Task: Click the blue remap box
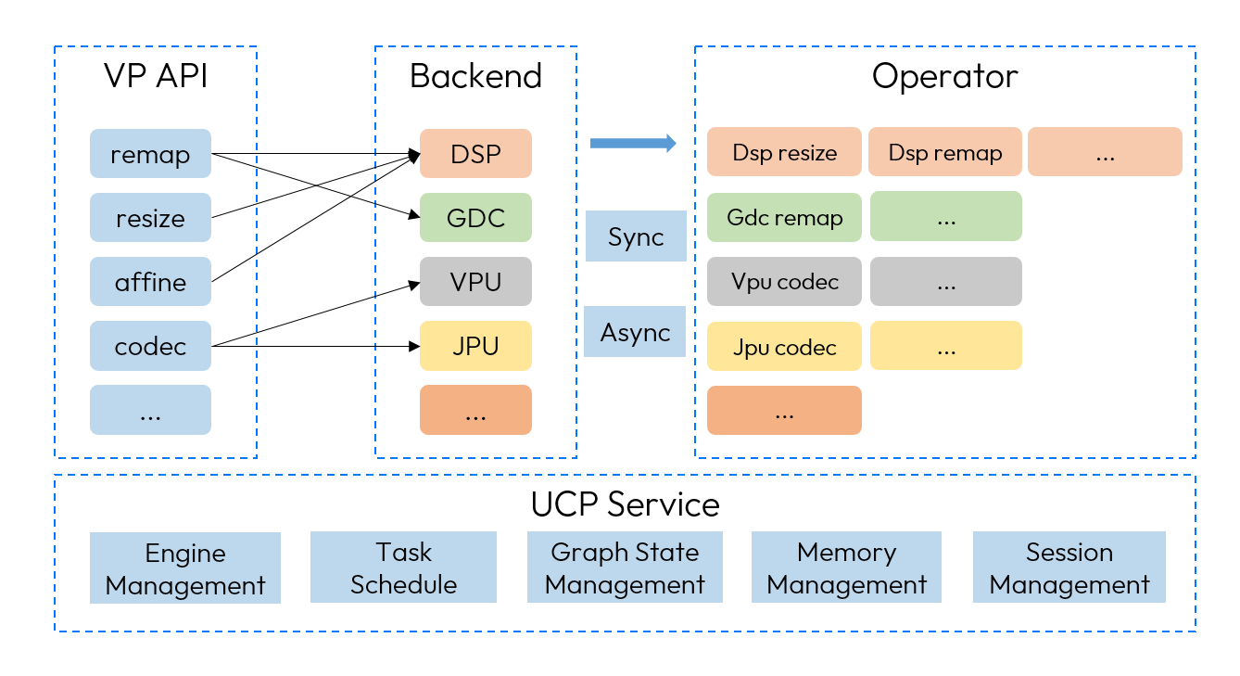(x=150, y=154)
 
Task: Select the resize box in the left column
(x=150, y=218)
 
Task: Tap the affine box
(x=150, y=282)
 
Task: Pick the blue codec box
(x=150, y=346)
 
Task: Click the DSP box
(x=475, y=154)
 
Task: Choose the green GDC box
(x=475, y=218)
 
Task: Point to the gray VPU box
(x=475, y=282)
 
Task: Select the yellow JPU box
(x=475, y=346)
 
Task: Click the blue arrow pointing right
(x=634, y=143)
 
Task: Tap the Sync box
(x=636, y=236)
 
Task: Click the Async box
(x=635, y=332)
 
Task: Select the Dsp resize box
(x=784, y=152)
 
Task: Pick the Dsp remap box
(x=945, y=152)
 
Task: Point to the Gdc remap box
(x=784, y=217)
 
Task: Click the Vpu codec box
(x=784, y=282)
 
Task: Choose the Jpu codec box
(x=784, y=346)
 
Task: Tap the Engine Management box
(x=185, y=568)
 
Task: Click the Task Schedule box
(x=403, y=568)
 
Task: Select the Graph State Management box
(x=625, y=568)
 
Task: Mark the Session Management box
(x=1069, y=568)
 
